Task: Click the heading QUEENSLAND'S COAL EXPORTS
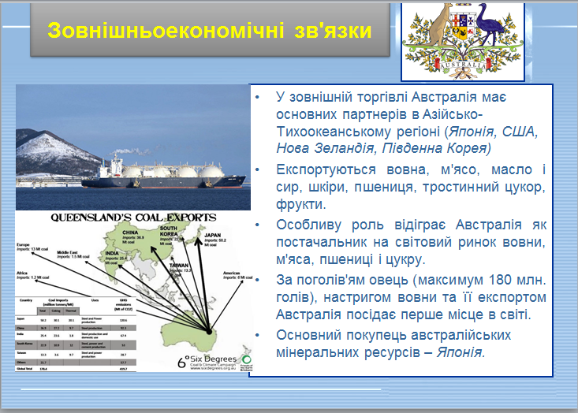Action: click(x=132, y=217)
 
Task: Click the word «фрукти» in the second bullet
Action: click(x=297, y=204)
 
